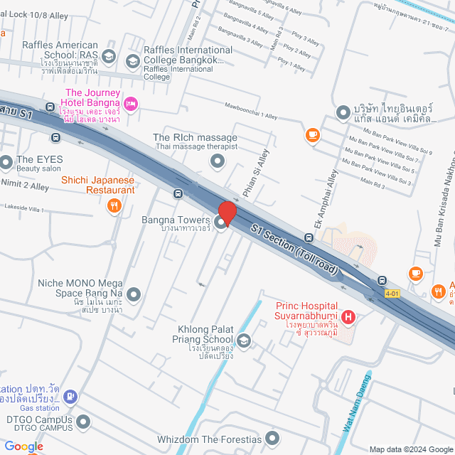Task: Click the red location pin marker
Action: click(227, 214)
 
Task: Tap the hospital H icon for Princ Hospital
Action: click(348, 316)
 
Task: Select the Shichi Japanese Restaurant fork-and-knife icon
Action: click(114, 206)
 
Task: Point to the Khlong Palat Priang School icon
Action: click(244, 342)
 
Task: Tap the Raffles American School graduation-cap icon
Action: click(109, 56)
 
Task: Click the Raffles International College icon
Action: click(132, 61)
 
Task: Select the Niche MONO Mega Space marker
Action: click(133, 294)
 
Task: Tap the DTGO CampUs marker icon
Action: click(83, 422)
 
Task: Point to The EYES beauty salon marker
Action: click(6, 164)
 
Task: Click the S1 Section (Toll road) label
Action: click(294, 246)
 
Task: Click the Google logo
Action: click(23, 446)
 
